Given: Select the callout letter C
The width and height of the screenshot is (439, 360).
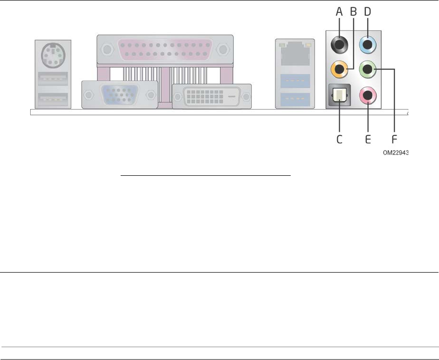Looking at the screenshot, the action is pos(339,139).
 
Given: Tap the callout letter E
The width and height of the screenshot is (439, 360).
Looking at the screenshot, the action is pos(368,139).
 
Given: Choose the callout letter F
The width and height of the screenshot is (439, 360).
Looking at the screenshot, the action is pos(394,139).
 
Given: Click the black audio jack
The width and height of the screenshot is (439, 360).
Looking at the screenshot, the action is pos(339,46).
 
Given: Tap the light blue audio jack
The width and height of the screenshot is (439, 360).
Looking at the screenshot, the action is pos(368,46).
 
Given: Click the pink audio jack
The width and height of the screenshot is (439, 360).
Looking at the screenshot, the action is pos(368,93).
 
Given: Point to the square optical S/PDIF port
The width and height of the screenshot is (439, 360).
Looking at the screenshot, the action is pos(339,94).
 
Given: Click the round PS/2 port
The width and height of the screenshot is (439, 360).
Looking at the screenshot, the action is pos(53,55).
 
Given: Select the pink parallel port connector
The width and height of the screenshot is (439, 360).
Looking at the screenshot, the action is pos(165,49).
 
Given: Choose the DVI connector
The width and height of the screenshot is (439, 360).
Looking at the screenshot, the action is pos(212,96).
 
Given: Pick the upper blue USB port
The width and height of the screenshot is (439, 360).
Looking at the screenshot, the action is pos(295,80).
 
